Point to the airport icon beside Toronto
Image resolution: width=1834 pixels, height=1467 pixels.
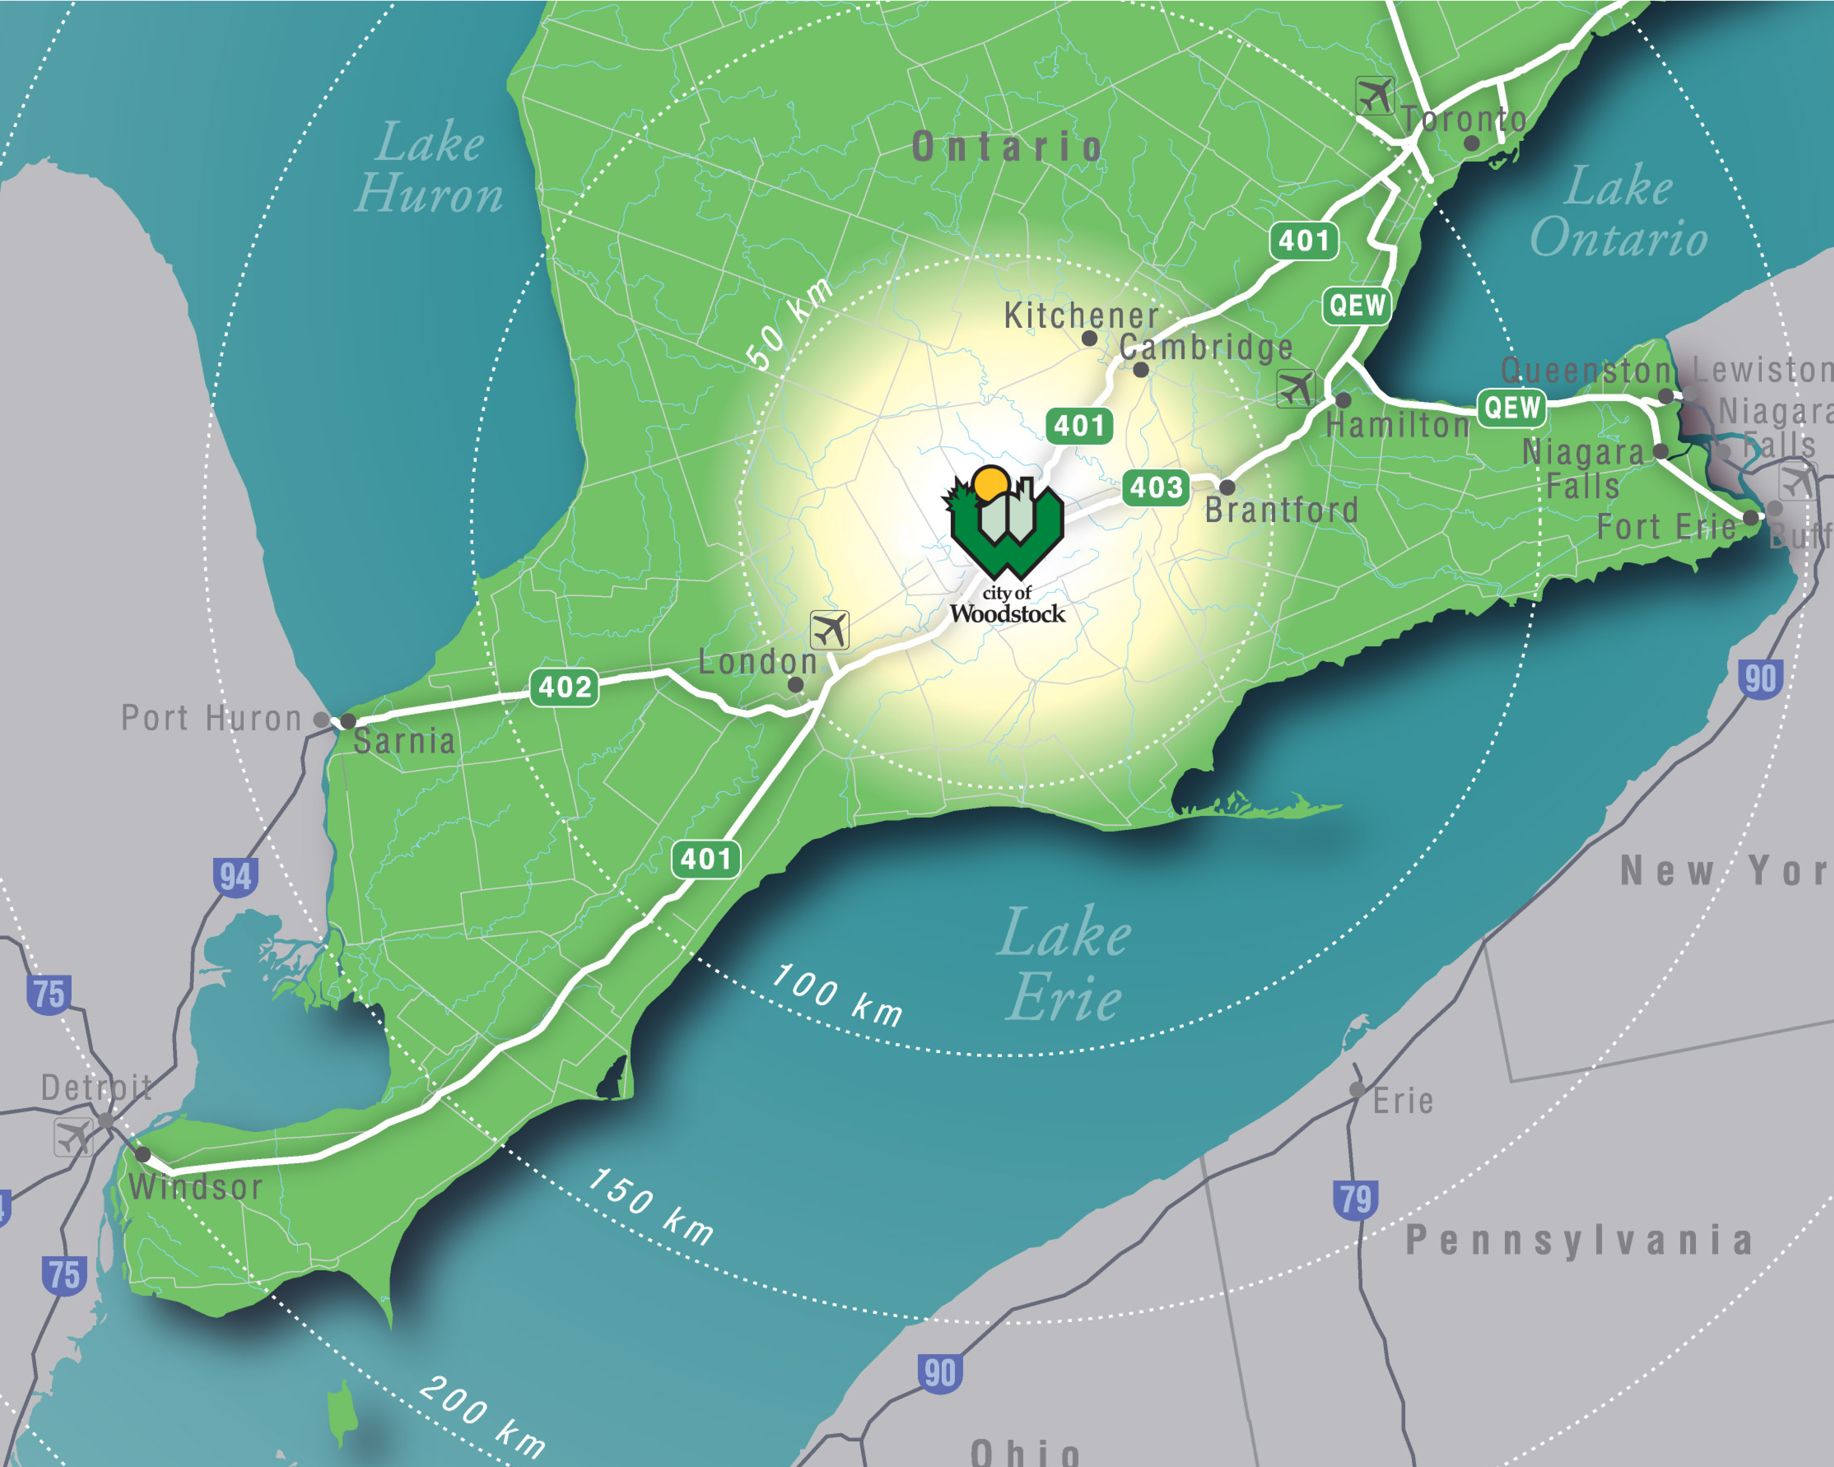[1375, 95]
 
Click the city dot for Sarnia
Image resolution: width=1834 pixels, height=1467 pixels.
[348, 721]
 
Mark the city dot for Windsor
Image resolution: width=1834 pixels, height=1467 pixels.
[143, 1154]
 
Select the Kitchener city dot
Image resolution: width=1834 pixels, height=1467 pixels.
[1089, 338]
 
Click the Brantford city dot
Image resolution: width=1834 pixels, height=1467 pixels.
[1227, 487]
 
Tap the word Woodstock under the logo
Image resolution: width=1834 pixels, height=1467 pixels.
[1007, 613]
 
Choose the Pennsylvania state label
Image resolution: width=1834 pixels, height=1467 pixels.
[1579, 1240]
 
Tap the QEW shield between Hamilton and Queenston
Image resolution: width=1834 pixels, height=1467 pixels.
[1511, 407]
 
